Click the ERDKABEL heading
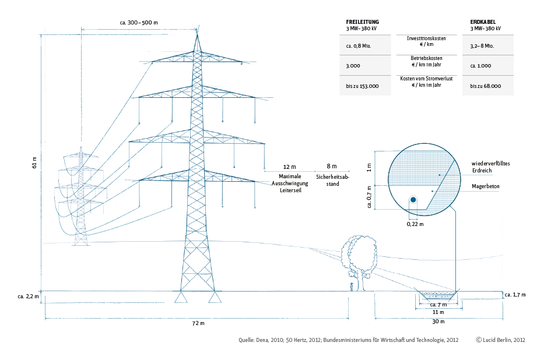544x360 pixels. pos(483,22)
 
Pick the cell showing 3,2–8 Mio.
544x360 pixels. pos(483,45)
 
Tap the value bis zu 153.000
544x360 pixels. pos(363,86)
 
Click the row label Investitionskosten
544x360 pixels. pos(426,38)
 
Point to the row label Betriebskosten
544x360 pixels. pos(426,58)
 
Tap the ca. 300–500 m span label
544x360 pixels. pos(139,22)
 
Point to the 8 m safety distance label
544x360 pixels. pos(331,167)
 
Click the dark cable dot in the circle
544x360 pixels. pos(413,200)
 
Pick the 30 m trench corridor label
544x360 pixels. pos(438,322)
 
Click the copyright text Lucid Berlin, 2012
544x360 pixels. pos(500,340)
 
